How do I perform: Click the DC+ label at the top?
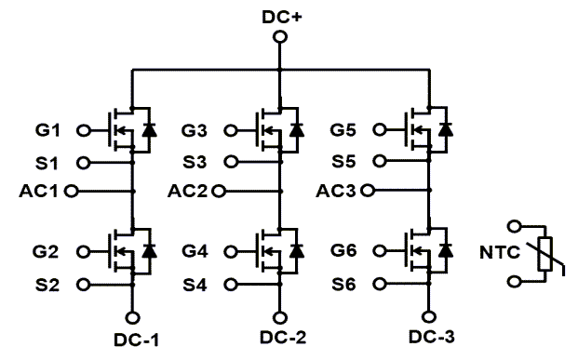pyautogui.click(x=279, y=16)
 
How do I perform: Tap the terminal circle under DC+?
pyautogui.click(x=279, y=38)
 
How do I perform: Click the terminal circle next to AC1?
pyautogui.click(x=70, y=192)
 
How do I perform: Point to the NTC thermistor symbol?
pyautogui.click(x=545, y=252)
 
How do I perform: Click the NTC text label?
pyautogui.click(x=500, y=252)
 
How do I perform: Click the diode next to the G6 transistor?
pyautogui.click(x=447, y=250)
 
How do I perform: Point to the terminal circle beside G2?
pyautogui.click(x=82, y=251)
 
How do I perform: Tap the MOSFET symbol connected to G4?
pyautogui.click(x=267, y=251)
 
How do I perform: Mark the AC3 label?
pyautogui.click(x=339, y=192)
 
